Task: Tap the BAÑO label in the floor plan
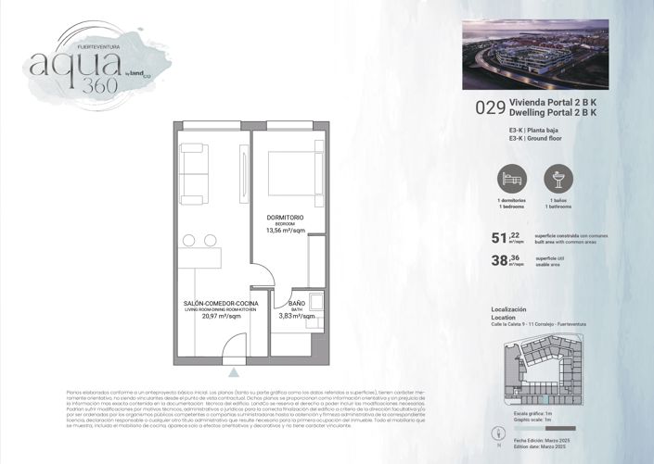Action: (297, 303)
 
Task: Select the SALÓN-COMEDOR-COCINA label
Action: (214, 303)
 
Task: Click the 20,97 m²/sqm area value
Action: (215, 316)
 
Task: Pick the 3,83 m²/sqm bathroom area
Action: (297, 316)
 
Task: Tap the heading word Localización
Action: (508, 308)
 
